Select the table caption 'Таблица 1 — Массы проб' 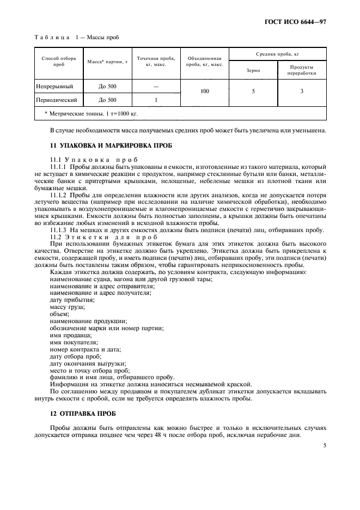point(76,37)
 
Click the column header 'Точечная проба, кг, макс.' point(156,61)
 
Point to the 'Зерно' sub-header point(253,70)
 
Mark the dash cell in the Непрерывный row point(156,86)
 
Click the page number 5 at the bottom point(325,445)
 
